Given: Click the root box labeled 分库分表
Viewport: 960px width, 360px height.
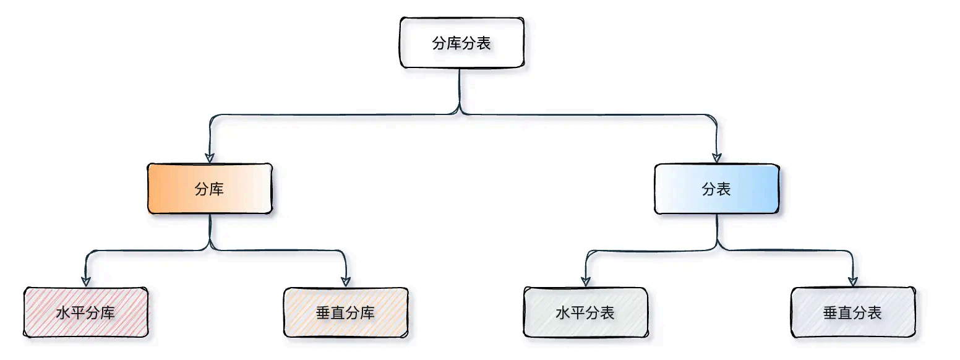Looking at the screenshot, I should click(x=462, y=43).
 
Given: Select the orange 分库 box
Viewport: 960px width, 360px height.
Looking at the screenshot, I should click(x=210, y=189).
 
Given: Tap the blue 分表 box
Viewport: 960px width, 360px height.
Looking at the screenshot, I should click(x=716, y=189).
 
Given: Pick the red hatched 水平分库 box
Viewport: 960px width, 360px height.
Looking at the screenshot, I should click(x=86, y=312).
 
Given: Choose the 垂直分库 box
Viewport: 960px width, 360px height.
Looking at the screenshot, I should click(x=345, y=312).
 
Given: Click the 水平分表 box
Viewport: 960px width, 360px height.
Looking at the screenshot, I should click(x=585, y=312).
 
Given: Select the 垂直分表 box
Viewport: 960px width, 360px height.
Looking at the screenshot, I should click(x=852, y=312).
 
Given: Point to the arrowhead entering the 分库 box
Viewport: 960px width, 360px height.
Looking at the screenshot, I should click(x=210, y=157).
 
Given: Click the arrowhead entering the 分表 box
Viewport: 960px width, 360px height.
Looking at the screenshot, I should click(x=717, y=157).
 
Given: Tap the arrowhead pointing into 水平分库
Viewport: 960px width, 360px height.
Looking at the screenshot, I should click(x=86, y=281).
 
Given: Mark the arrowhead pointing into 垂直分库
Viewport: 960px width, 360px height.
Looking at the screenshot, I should click(x=346, y=281).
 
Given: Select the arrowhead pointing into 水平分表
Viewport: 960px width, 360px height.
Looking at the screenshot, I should click(x=586, y=281).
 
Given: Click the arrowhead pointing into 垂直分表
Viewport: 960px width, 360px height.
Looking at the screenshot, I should click(x=853, y=281).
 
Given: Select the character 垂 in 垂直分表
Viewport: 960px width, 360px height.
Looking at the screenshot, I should click(x=830, y=312).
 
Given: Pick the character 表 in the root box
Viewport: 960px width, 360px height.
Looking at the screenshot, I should click(x=484, y=43).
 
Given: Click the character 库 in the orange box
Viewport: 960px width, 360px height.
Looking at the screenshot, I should click(x=217, y=189).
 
